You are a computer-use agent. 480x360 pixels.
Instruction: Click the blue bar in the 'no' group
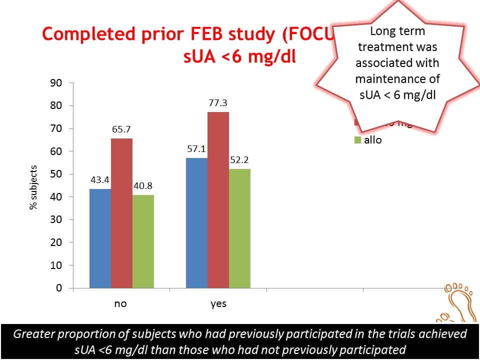click(100, 238)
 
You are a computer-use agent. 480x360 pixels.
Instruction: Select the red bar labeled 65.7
click(121, 213)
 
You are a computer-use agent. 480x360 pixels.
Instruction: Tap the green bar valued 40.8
click(143, 241)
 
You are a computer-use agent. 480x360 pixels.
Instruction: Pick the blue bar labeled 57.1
click(196, 223)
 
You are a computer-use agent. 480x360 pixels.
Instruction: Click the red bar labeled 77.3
click(218, 200)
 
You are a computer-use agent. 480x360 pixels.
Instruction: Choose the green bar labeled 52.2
click(239, 228)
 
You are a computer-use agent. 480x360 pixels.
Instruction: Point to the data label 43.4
click(100, 178)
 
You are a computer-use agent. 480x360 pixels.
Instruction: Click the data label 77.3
click(218, 103)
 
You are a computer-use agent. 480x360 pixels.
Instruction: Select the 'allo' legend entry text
click(373, 140)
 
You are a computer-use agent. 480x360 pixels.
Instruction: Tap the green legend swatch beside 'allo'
click(357, 140)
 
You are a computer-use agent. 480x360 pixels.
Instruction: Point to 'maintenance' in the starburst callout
click(397, 79)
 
